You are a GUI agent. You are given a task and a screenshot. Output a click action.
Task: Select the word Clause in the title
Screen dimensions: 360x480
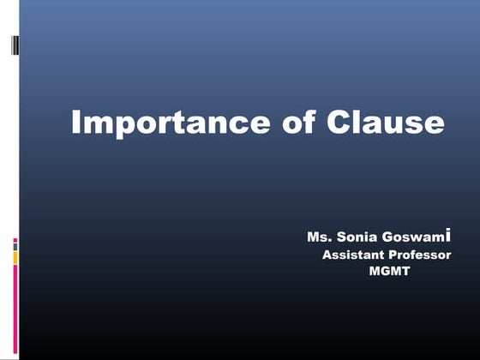pyautogui.click(x=386, y=123)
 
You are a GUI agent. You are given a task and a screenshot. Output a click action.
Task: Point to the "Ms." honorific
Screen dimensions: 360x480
pyautogui.click(x=318, y=237)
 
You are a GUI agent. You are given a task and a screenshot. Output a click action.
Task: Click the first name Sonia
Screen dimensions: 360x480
pyautogui.click(x=354, y=237)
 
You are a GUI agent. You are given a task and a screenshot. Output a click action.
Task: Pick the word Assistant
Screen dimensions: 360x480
pyautogui.click(x=351, y=255)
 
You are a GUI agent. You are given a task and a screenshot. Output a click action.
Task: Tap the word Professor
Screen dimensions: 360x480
pyautogui.click(x=419, y=255)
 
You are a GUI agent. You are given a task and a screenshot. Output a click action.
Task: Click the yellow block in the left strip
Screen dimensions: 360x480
pyautogui.click(x=15, y=256)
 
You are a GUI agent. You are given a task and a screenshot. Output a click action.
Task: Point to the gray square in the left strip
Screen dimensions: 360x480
pyautogui.click(x=15, y=246)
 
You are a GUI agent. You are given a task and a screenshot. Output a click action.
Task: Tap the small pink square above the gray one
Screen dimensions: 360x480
pyautogui.click(x=15, y=240)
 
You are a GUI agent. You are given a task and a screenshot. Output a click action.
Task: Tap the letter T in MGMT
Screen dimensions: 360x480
pyautogui.click(x=406, y=273)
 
